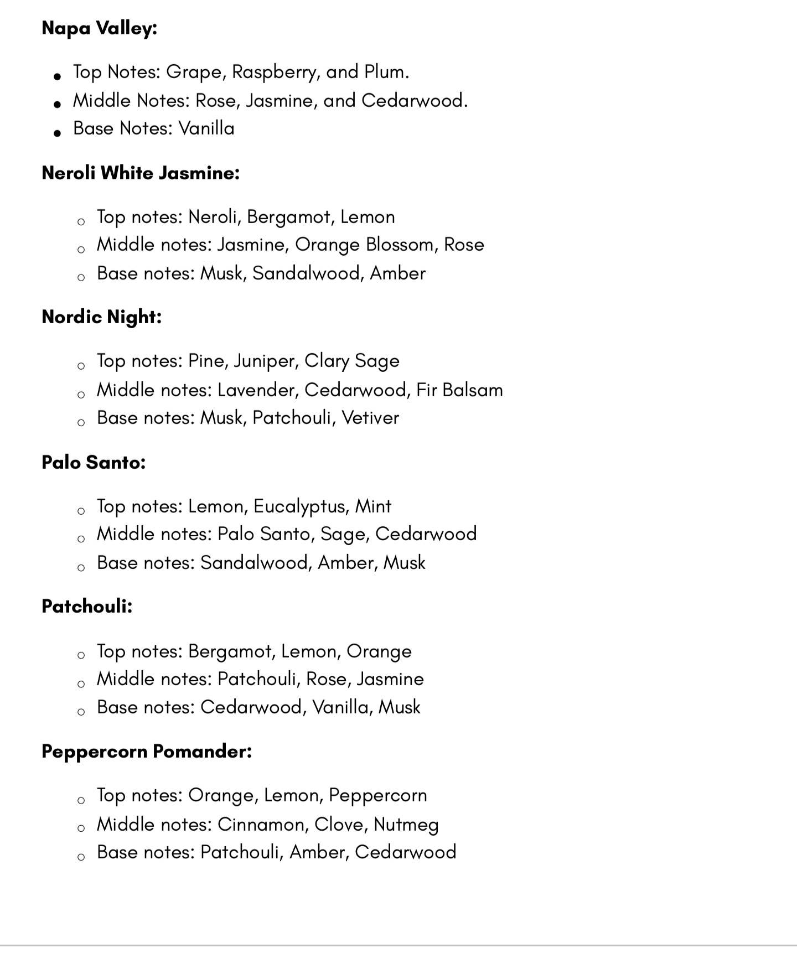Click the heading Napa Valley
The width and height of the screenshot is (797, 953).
coord(100,28)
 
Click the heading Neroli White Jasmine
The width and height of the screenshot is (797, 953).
coord(141,173)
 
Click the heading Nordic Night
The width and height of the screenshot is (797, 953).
coord(102,317)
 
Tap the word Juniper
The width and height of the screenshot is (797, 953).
coord(266,361)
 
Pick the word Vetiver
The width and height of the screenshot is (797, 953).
coord(370,418)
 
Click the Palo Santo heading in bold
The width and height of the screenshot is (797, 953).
coord(94,462)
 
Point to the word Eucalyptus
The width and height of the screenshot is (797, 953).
coord(299,506)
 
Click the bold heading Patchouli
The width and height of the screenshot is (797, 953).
coord(87,607)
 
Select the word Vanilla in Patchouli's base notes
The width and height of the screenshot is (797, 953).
coord(340,707)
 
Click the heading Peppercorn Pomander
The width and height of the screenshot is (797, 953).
coord(147,752)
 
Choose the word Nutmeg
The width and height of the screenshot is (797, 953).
coord(406,825)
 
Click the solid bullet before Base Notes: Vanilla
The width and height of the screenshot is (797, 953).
coord(57,133)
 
